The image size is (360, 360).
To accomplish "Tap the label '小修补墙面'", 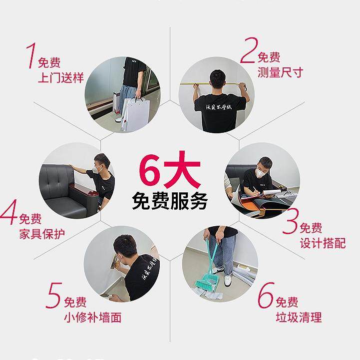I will (92, 317).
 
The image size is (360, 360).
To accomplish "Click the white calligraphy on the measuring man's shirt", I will (219, 108).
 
